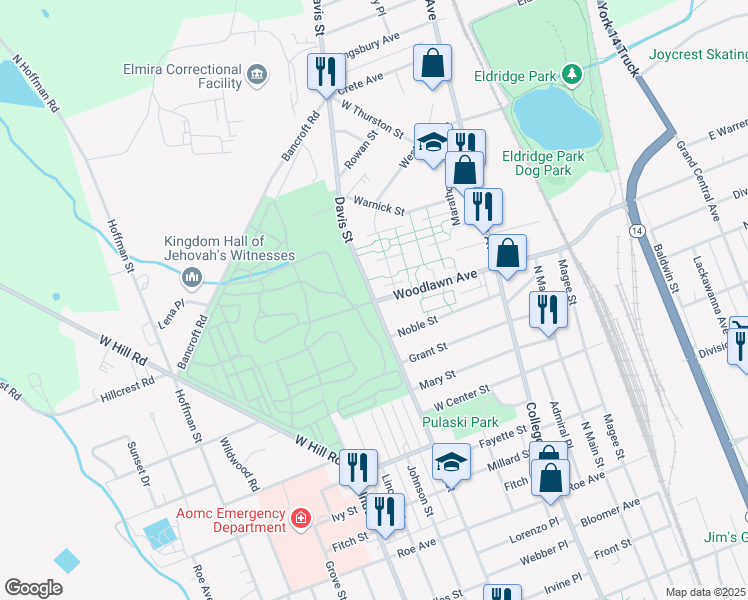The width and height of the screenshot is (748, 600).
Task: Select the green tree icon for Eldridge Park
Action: coord(571,74)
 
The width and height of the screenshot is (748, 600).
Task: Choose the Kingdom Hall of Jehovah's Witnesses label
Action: coord(230,248)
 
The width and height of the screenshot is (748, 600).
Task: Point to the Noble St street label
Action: coord(418,327)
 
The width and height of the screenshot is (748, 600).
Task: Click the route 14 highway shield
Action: coord(637,230)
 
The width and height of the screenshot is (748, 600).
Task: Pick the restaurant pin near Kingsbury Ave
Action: coord(323,70)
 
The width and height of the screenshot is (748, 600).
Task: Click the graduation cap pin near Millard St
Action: coord(451,461)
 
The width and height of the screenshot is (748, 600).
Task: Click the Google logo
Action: coord(34,587)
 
